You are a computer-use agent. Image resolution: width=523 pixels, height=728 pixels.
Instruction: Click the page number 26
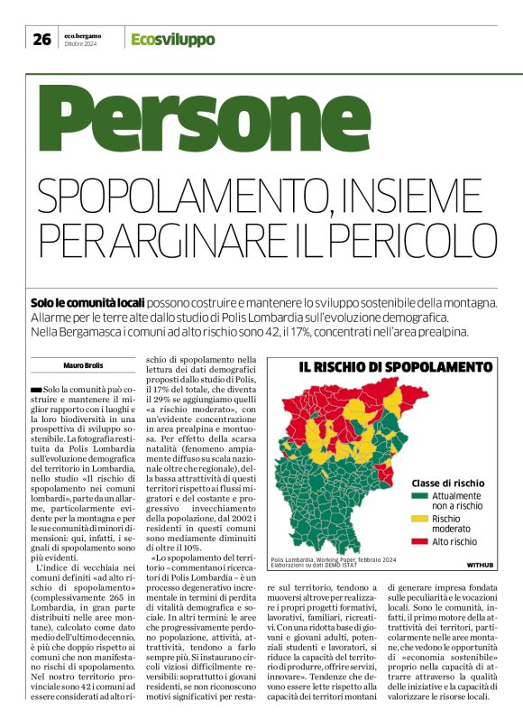click(x=41, y=39)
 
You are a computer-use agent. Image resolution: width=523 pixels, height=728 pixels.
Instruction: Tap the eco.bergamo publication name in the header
click(x=83, y=35)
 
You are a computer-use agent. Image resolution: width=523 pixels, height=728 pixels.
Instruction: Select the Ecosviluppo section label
click(x=172, y=39)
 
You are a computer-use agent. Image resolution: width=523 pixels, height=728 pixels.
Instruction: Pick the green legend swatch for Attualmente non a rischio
click(x=419, y=496)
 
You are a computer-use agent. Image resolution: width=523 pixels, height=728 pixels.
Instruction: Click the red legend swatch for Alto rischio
click(x=419, y=541)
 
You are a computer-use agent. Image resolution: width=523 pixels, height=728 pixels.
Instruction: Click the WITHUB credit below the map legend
click(x=480, y=565)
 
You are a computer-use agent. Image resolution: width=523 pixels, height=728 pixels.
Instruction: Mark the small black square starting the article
click(x=35, y=389)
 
